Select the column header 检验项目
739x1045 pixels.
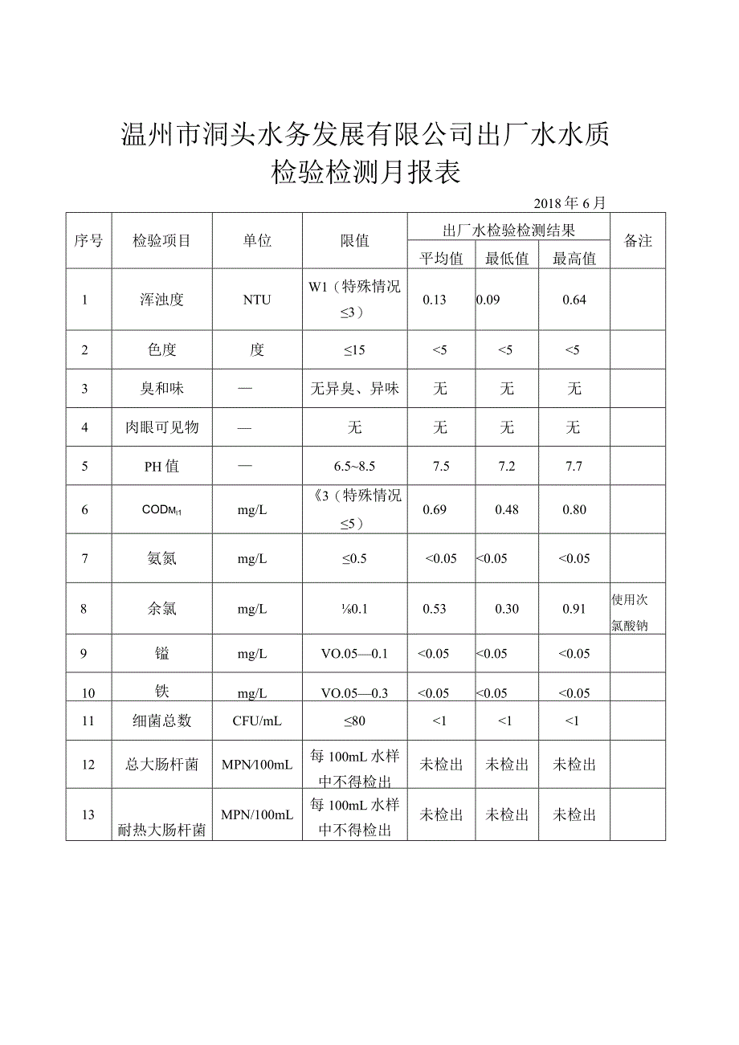pyautogui.click(x=162, y=241)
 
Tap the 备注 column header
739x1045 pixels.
pyautogui.click(x=638, y=241)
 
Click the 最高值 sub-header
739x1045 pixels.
pyautogui.click(x=574, y=258)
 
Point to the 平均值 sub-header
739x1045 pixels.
pyautogui.click(x=441, y=258)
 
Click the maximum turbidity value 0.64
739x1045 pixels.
pyautogui.click(x=574, y=300)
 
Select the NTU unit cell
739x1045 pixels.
pyautogui.click(x=257, y=300)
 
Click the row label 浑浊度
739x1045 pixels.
pyautogui.click(x=162, y=300)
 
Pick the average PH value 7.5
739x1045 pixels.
pyautogui.click(x=441, y=467)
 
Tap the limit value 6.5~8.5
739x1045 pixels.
pyautogui.click(x=354, y=467)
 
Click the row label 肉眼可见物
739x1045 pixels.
pyautogui.click(x=162, y=427)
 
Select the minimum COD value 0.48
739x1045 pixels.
pyautogui.click(x=507, y=509)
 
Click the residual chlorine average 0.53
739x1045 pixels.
pyautogui.click(x=434, y=609)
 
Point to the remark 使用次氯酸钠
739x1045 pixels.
pyautogui.click(x=631, y=612)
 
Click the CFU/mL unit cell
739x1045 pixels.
pyautogui.click(x=257, y=721)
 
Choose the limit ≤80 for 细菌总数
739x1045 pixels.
pyautogui.click(x=354, y=721)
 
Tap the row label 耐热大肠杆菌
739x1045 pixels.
pyautogui.click(x=162, y=831)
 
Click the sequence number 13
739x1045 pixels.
pyautogui.click(x=88, y=814)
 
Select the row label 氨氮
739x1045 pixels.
pyautogui.click(x=162, y=558)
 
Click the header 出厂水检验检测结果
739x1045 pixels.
pyautogui.click(x=509, y=231)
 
